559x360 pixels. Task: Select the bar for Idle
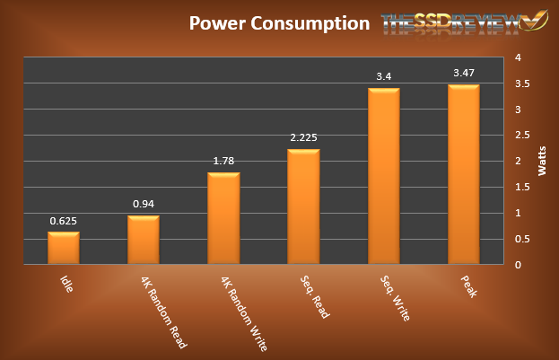pyautogui.click(x=64, y=248)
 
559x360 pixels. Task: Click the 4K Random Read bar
pyautogui.click(x=144, y=240)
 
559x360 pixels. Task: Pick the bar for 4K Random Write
pyautogui.click(x=223, y=218)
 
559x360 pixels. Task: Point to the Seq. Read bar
pyautogui.click(x=303, y=206)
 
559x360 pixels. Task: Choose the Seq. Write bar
pyautogui.click(x=383, y=176)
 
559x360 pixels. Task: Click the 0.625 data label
pyautogui.click(x=64, y=220)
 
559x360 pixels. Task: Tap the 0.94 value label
pyautogui.click(x=144, y=204)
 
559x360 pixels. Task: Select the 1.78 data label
pyautogui.click(x=223, y=161)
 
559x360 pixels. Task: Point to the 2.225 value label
pyautogui.click(x=303, y=137)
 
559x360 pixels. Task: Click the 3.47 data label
pyautogui.click(x=463, y=73)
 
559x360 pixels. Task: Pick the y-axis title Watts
pyautogui.click(x=541, y=162)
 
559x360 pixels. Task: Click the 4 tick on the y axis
pyautogui.click(x=516, y=58)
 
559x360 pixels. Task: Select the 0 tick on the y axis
pyautogui.click(x=516, y=265)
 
